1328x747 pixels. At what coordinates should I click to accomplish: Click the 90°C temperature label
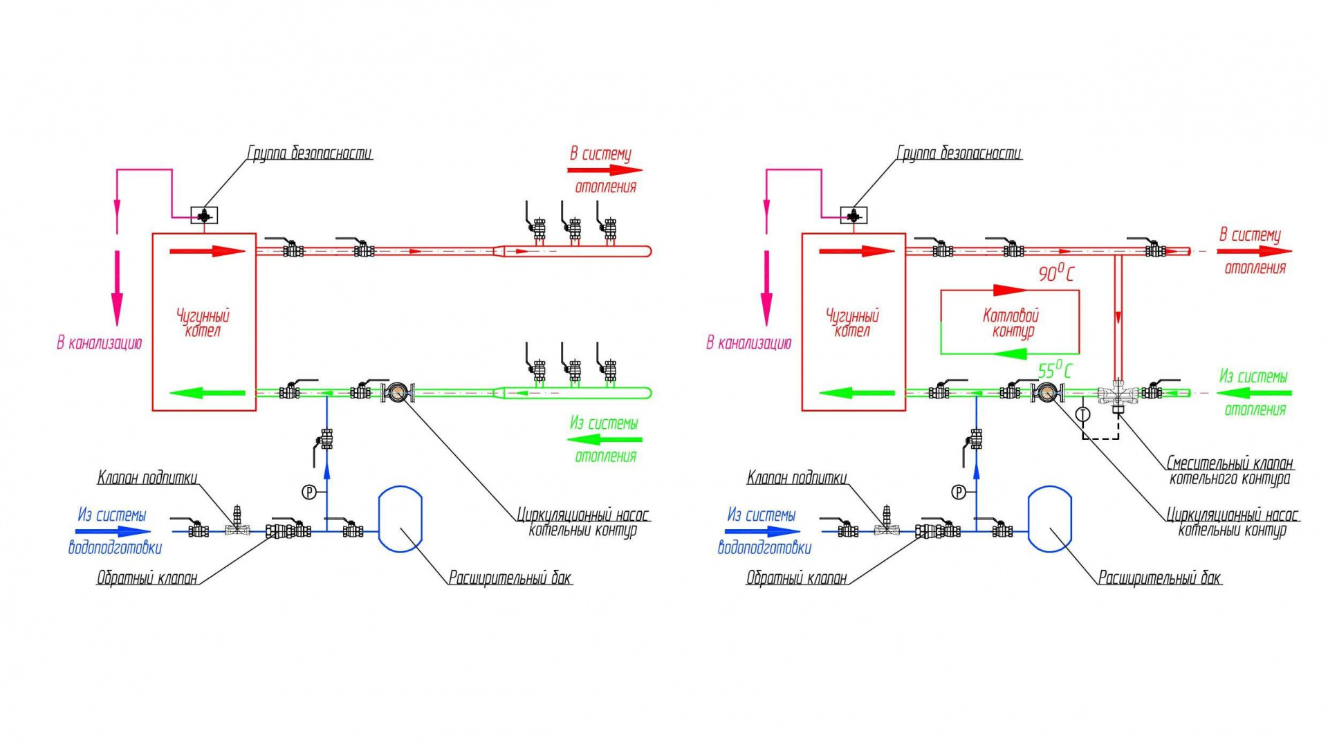pyautogui.click(x=1055, y=273)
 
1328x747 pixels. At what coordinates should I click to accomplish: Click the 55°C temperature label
pyautogui.click(x=1055, y=370)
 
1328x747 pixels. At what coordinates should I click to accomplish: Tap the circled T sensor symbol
pyautogui.click(x=1083, y=414)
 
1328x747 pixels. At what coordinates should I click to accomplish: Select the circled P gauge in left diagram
pyautogui.click(x=309, y=492)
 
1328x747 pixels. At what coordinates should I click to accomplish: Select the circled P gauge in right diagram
pyautogui.click(x=959, y=492)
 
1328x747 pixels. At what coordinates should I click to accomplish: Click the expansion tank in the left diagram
pyautogui.click(x=400, y=519)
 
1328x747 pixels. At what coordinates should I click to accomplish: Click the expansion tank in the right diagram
pyautogui.click(x=1050, y=519)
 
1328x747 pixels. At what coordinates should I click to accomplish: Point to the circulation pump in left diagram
pyautogui.click(x=398, y=393)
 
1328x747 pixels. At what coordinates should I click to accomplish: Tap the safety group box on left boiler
pyautogui.click(x=204, y=216)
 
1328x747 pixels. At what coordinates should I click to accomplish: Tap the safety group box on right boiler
pyautogui.click(x=854, y=216)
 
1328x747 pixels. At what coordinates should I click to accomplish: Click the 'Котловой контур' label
pyautogui.click(x=1011, y=323)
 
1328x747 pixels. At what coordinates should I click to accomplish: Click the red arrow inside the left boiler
pyautogui.click(x=207, y=251)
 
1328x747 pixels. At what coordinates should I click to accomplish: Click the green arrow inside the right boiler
pyautogui.click(x=857, y=393)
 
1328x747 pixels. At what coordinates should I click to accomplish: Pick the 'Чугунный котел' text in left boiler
pyautogui.click(x=203, y=323)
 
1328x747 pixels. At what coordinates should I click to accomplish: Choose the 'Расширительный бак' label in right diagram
pyautogui.click(x=1160, y=578)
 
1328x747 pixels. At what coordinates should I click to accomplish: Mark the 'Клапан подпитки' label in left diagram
pyautogui.click(x=147, y=477)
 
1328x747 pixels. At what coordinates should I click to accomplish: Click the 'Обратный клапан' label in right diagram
pyautogui.click(x=796, y=578)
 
